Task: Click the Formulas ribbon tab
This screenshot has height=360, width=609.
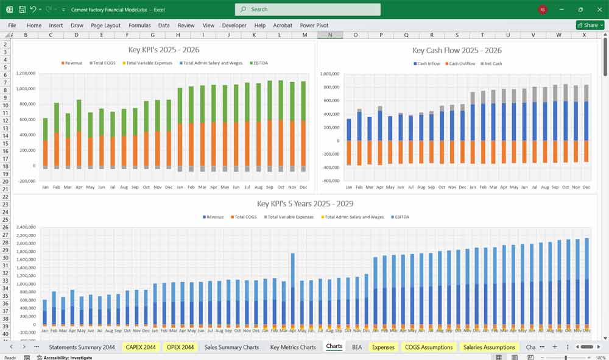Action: [x=139, y=26]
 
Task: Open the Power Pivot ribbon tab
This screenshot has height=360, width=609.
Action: [x=314, y=26]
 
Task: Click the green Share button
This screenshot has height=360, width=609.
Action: [x=590, y=25]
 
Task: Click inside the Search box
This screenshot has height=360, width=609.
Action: [x=308, y=9]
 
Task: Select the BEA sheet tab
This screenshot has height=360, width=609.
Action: [x=356, y=347]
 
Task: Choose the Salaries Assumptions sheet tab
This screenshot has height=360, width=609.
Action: [x=490, y=347]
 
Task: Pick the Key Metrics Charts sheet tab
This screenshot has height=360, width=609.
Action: [x=293, y=347]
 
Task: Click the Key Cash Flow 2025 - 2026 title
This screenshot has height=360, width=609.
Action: [x=457, y=51]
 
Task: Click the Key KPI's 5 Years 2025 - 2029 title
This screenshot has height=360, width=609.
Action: [x=305, y=204]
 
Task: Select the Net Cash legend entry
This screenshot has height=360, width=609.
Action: [x=493, y=64]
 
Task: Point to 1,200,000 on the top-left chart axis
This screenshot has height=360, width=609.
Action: [x=26, y=74]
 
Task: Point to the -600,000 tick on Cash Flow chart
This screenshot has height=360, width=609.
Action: [x=330, y=181]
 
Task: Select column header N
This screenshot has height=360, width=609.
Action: [x=330, y=35]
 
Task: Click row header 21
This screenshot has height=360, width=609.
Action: [x=5, y=189]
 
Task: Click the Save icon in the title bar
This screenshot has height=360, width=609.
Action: [x=22, y=10]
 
